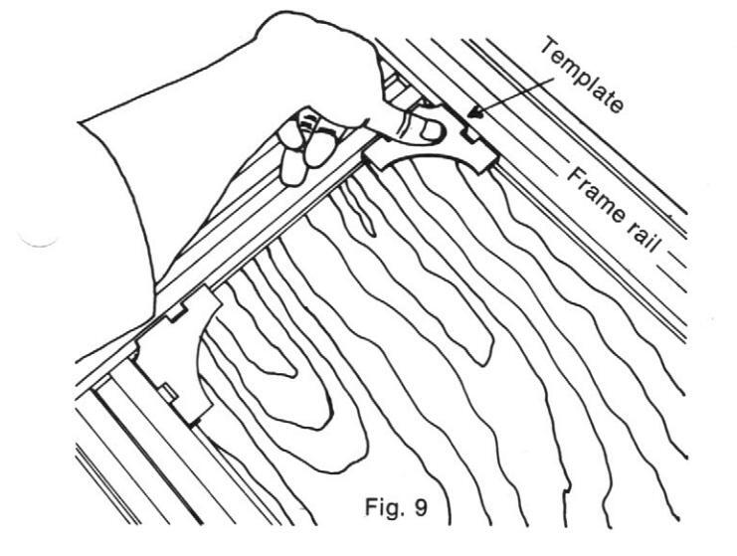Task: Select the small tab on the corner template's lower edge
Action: click(171, 395)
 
